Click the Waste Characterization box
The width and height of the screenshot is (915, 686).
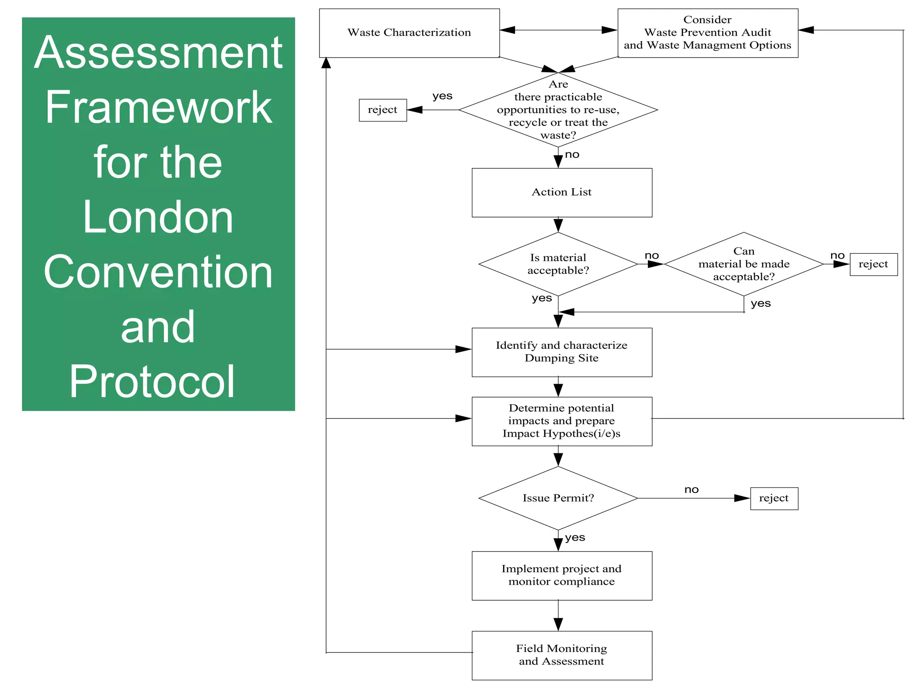pos(409,33)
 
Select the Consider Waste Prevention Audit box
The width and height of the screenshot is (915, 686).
pos(708,33)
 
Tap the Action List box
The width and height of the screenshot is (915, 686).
pos(562,192)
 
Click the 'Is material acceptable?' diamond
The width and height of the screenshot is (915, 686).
pos(558,264)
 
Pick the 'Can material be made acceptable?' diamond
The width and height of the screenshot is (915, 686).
pos(744,264)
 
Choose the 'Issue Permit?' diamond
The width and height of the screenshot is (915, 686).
pos(558,498)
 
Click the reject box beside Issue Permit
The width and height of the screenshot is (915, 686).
pos(774,498)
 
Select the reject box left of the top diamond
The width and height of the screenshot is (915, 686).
pos(382,110)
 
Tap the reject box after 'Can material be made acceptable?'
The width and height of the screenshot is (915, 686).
pos(873,264)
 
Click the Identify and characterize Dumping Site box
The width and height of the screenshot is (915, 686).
pos(562,352)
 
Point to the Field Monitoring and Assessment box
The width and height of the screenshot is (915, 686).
pos(562,655)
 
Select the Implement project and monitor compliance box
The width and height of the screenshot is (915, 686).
pos(562,576)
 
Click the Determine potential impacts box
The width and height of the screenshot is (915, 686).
pos(562,421)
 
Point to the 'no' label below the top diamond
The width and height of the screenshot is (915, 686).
pos(572,155)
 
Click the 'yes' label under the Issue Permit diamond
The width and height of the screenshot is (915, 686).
pos(575,537)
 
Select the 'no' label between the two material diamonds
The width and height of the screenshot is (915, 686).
pos(651,255)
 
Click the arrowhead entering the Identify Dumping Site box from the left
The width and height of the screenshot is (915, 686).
pos(463,349)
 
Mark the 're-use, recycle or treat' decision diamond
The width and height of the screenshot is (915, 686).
pos(558,110)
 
